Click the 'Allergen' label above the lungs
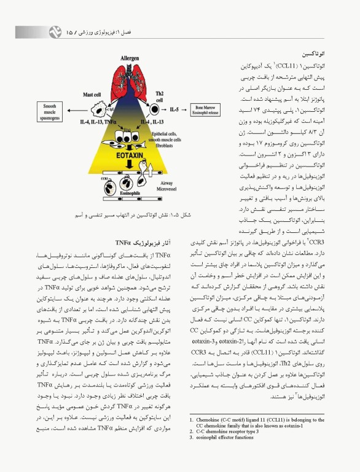click(x=130, y=58)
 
